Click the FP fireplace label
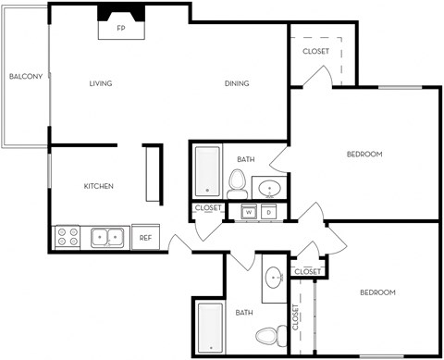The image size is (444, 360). (x=120, y=29)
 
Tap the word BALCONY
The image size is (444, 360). (x=26, y=77)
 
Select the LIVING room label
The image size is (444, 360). (x=100, y=84)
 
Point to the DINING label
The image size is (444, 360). (x=236, y=84)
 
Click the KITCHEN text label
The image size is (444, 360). (x=99, y=186)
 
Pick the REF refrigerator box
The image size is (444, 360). (x=145, y=238)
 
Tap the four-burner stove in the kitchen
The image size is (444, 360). (x=68, y=237)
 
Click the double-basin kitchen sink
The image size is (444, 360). (x=108, y=238)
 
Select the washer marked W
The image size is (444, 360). (x=248, y=212)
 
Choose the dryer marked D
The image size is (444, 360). (x=268, y=212)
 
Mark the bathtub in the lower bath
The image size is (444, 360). (x=210, y=328)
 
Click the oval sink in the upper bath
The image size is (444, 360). (x=270, y=189)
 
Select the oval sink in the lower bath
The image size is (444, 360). (x=274, y=278)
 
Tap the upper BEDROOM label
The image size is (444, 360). (x=364, y=154)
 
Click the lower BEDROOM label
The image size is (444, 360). (x=376, y=292)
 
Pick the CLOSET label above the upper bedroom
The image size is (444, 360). (x=315, y=51)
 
